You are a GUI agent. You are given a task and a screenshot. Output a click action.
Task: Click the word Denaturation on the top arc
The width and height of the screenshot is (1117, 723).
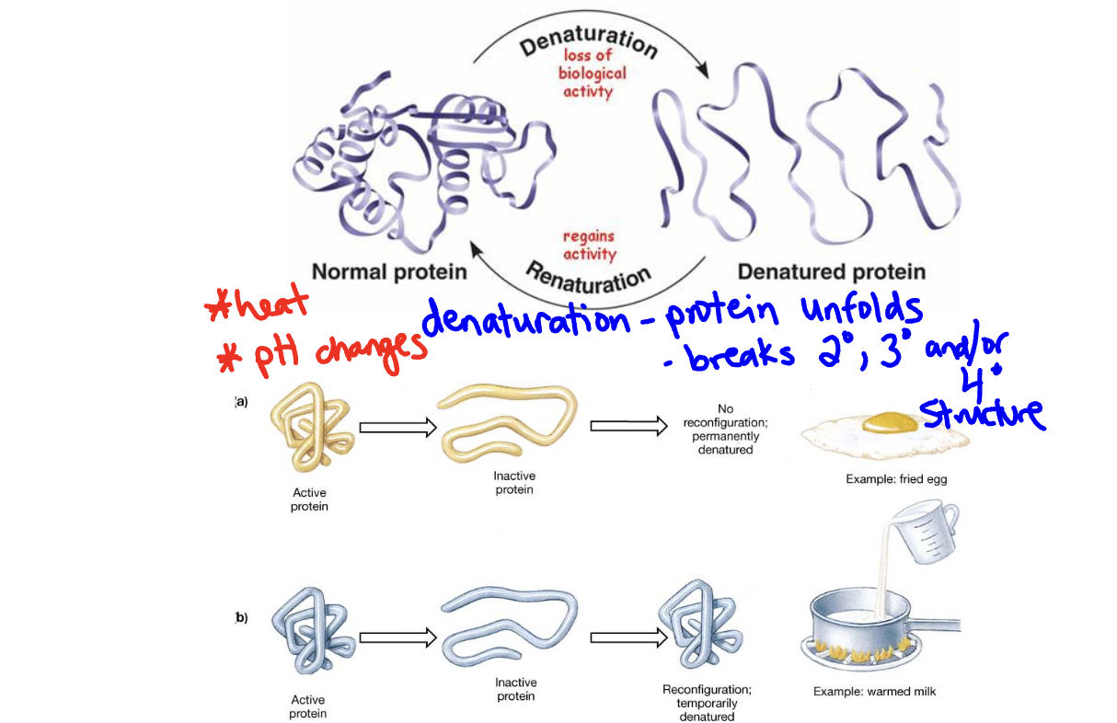click(589, 40)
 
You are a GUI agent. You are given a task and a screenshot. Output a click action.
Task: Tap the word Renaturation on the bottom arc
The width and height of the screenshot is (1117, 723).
click(589, 275)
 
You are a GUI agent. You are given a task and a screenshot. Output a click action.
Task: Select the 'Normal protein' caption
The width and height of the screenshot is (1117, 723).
click(389, 272)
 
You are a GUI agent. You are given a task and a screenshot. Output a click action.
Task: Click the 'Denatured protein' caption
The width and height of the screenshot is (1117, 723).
click(831, 272)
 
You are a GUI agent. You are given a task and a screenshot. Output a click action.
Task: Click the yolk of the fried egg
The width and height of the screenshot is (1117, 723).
click(892, 422)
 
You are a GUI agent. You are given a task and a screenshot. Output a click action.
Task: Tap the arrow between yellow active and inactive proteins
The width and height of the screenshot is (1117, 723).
click(397, 427)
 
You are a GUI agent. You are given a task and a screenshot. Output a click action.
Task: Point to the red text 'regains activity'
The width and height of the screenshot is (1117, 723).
click(589, 246)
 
